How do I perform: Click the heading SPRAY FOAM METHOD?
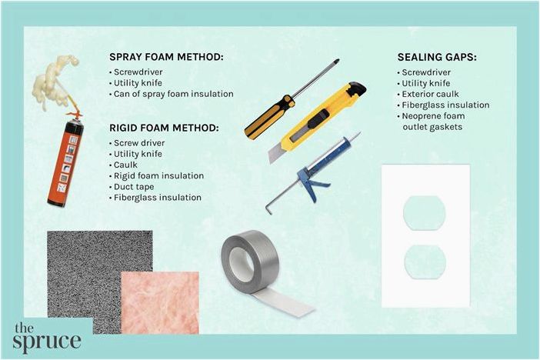coord(166,57)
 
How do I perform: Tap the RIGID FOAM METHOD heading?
coord(164,128)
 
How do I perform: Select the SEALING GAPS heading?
coord(437,57)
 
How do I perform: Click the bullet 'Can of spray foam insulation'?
coord(173,94)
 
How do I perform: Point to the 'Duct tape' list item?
coord(134,187)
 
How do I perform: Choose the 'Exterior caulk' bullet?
coord(430,94)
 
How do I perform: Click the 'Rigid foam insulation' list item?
coord(158,175)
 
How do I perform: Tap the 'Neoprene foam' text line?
coord(433,116)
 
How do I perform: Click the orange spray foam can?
coord(65,162)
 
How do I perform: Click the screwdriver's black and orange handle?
coord(269,117)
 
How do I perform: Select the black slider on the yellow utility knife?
coord(316,120)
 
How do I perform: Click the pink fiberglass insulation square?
coord(160,303)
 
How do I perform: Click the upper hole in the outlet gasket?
coord(425,212)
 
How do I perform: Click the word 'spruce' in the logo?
coord(47,342)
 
